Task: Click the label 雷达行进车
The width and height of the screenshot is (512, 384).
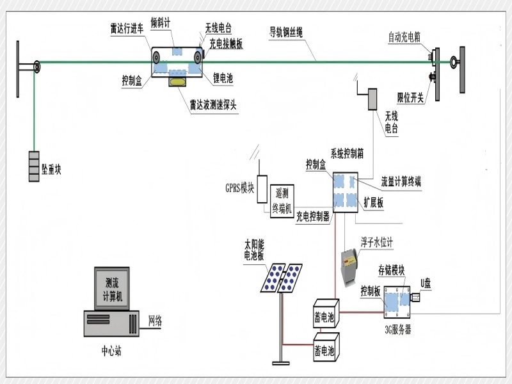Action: [127, 29]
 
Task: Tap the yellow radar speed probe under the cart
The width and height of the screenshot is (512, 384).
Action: [178, 82]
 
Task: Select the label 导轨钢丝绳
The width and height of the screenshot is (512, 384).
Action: [285, 32]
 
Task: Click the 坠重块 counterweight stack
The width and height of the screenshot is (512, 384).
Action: [34, 166]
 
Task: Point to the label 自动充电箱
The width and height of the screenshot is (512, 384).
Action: [404, 37]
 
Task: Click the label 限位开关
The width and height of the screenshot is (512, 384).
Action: [410, 97]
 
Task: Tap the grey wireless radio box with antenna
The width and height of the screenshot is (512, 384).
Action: [372, 99]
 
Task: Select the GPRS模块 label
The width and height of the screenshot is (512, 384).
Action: [239, 188]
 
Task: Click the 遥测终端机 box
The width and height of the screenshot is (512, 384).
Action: [282, 201]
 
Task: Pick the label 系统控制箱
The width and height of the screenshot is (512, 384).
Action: [347, 154]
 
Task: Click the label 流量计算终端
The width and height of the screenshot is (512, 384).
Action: [401, 182]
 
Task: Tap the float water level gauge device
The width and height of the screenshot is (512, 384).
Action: [349, 267]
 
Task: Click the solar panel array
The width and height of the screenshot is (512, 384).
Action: [281, 278]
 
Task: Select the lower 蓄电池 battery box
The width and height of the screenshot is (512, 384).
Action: [326, 347]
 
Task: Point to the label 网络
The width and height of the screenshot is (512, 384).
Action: [155, 321]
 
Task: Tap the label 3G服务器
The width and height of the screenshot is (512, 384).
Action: [397, 330]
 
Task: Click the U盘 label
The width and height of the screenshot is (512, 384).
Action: [426, 283]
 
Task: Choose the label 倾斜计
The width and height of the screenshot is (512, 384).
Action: [161, 23]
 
